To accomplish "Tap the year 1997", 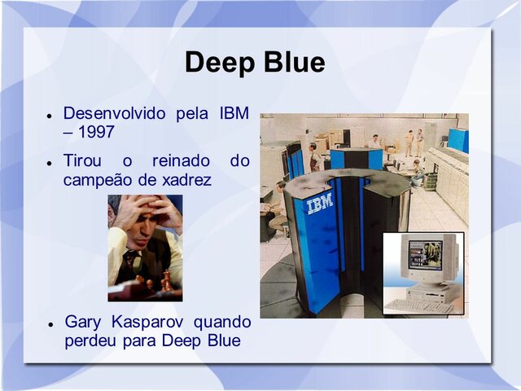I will [96, 132].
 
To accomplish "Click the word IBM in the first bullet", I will [234, 113].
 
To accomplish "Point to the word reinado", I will [181, 160].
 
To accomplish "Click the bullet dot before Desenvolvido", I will [50, 116].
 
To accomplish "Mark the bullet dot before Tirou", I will [50, 163].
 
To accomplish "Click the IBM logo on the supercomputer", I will [319, 203].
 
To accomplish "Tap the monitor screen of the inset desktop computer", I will [425, 255].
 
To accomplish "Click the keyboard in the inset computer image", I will [418, 306].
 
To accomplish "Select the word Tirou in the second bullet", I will [82, 160].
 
